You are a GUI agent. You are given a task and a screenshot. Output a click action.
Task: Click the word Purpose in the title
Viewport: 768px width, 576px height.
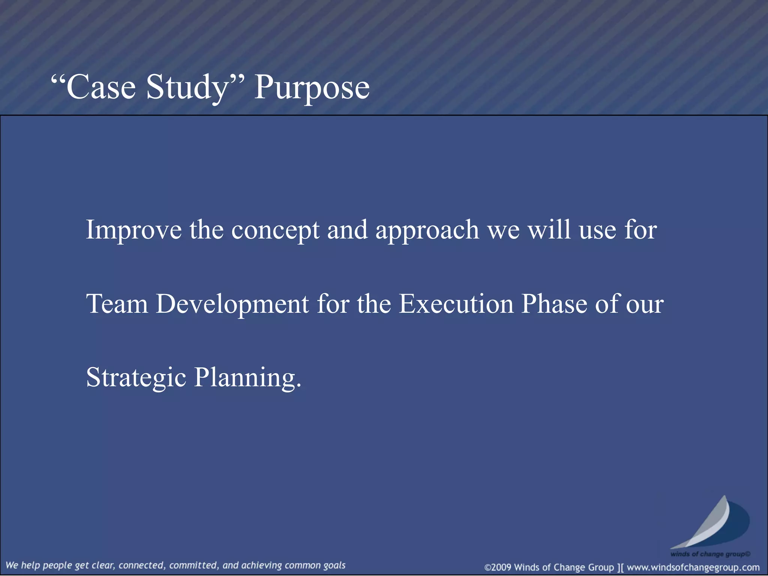tap(312, 87)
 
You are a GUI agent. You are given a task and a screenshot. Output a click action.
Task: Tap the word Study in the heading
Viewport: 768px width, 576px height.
tap(187, 87)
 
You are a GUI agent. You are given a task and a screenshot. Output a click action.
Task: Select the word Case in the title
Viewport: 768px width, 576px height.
tap(100, 87)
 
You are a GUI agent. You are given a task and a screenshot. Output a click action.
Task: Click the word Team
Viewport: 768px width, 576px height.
tap(117, 303)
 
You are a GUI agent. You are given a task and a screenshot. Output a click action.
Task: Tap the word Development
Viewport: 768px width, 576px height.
tap(232, 303)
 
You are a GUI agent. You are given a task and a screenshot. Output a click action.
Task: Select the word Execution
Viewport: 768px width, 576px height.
tap(456, 303)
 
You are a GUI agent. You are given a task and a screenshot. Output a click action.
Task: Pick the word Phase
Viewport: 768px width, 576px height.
tap(554, 303)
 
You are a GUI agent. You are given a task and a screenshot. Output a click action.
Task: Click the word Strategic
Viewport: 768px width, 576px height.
tap(136, 377)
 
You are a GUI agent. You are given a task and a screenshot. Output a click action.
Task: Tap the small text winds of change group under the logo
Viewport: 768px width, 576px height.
tap(710, 554)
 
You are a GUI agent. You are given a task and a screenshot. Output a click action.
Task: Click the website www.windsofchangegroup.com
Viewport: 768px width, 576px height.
tap(693, 567)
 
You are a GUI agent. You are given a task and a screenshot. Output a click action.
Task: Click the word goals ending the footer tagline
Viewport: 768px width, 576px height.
tap(334, 565)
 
